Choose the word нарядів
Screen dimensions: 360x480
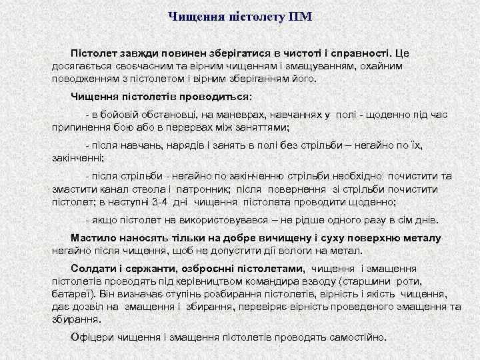click(x=174, y=145)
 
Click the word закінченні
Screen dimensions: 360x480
click(x=78, y=158)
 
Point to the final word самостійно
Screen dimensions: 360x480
click(x=357, y=337)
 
